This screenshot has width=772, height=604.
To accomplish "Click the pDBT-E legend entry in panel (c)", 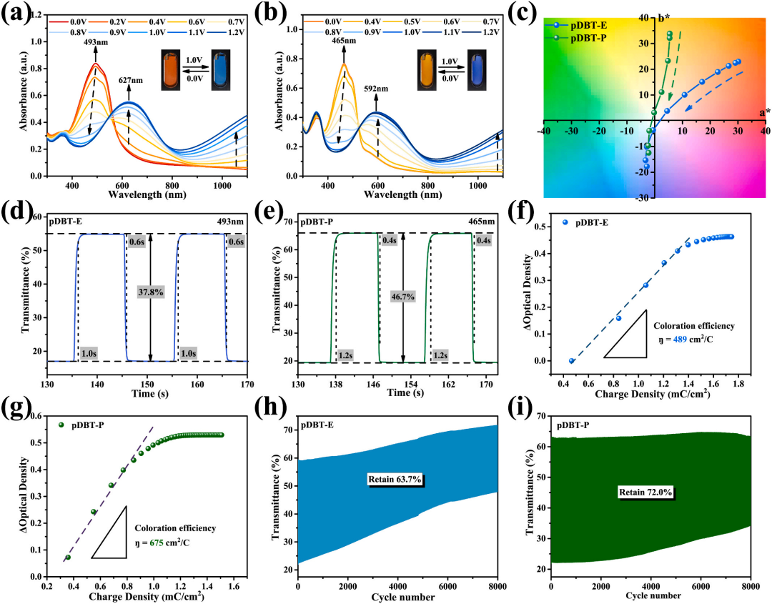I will click(x=585, y=23).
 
